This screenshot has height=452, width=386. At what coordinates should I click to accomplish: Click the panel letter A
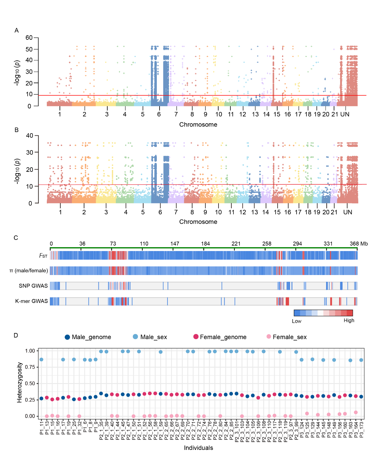pos(17,30)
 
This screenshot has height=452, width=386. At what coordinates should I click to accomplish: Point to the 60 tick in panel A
pos(29,38)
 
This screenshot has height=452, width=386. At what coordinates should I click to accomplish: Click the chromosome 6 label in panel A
pos(159,114)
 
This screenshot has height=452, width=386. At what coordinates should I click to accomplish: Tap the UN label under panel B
pos(347,212)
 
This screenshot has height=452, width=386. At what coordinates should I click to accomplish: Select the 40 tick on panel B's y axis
pos(29,136)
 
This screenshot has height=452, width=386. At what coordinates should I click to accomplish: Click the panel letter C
pos(16,238)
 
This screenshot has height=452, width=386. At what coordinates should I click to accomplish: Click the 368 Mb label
pos(359,243)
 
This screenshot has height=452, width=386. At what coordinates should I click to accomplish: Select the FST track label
pos(43,256)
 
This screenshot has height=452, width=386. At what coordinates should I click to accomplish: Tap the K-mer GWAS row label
pos(32,301)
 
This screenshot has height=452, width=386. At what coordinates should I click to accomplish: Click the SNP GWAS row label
pos(33,286)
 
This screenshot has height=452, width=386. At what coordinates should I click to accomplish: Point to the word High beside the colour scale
pos(349,321)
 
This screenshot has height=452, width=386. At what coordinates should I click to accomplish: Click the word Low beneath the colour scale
pos(297,321)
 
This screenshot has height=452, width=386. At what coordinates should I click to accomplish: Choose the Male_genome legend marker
pos(67,337)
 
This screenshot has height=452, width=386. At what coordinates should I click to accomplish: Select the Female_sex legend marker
pos(269,337)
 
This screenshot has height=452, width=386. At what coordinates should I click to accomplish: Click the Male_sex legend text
pos(153,337)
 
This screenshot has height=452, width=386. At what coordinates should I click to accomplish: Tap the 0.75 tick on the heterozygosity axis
pos(30,367)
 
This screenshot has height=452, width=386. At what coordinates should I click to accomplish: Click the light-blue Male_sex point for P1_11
pos(41,359)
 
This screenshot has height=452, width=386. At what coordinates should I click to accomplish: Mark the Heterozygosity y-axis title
pos(19,382)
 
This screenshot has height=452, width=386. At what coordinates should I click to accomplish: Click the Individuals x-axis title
pos(198,448)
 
